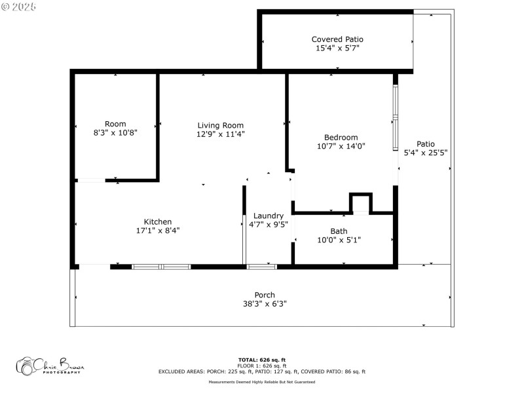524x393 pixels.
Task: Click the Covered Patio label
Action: click(x=337, y=39)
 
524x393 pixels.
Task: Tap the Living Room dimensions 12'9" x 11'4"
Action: click(x=221, y=134)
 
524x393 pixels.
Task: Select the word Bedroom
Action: click(x=341, y=137)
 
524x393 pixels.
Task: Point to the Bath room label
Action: click(x=339, y=231)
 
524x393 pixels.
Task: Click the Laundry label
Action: click(x=269, y=215)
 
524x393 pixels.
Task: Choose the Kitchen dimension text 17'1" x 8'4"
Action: click(x=158, y=231)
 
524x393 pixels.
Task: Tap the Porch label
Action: click(x=265, y=295)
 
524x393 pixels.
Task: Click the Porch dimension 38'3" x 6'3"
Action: click(x=265, y=304)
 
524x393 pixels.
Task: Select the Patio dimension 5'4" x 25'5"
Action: click(x=426, y=153)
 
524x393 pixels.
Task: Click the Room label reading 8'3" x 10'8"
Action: click(x=115, y=132)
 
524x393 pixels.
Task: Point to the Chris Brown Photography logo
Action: click(x=50, y=365)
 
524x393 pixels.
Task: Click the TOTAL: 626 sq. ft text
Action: click(x=261, y=360)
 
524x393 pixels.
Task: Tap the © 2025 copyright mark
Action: click(x=20, y=6)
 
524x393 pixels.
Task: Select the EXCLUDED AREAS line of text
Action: click(x=261, y=371)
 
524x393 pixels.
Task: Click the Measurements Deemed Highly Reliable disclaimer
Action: click(x=261, y=382)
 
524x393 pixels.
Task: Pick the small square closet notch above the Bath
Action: click(x=360, y=204)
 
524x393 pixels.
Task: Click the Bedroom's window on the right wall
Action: click(x=396, y=118)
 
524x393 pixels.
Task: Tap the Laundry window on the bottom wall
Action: click(x=262, y=267)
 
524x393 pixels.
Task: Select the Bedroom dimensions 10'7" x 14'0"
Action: click(x=341, y=146)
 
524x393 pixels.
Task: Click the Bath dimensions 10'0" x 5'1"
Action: click(x=339, y=240)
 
